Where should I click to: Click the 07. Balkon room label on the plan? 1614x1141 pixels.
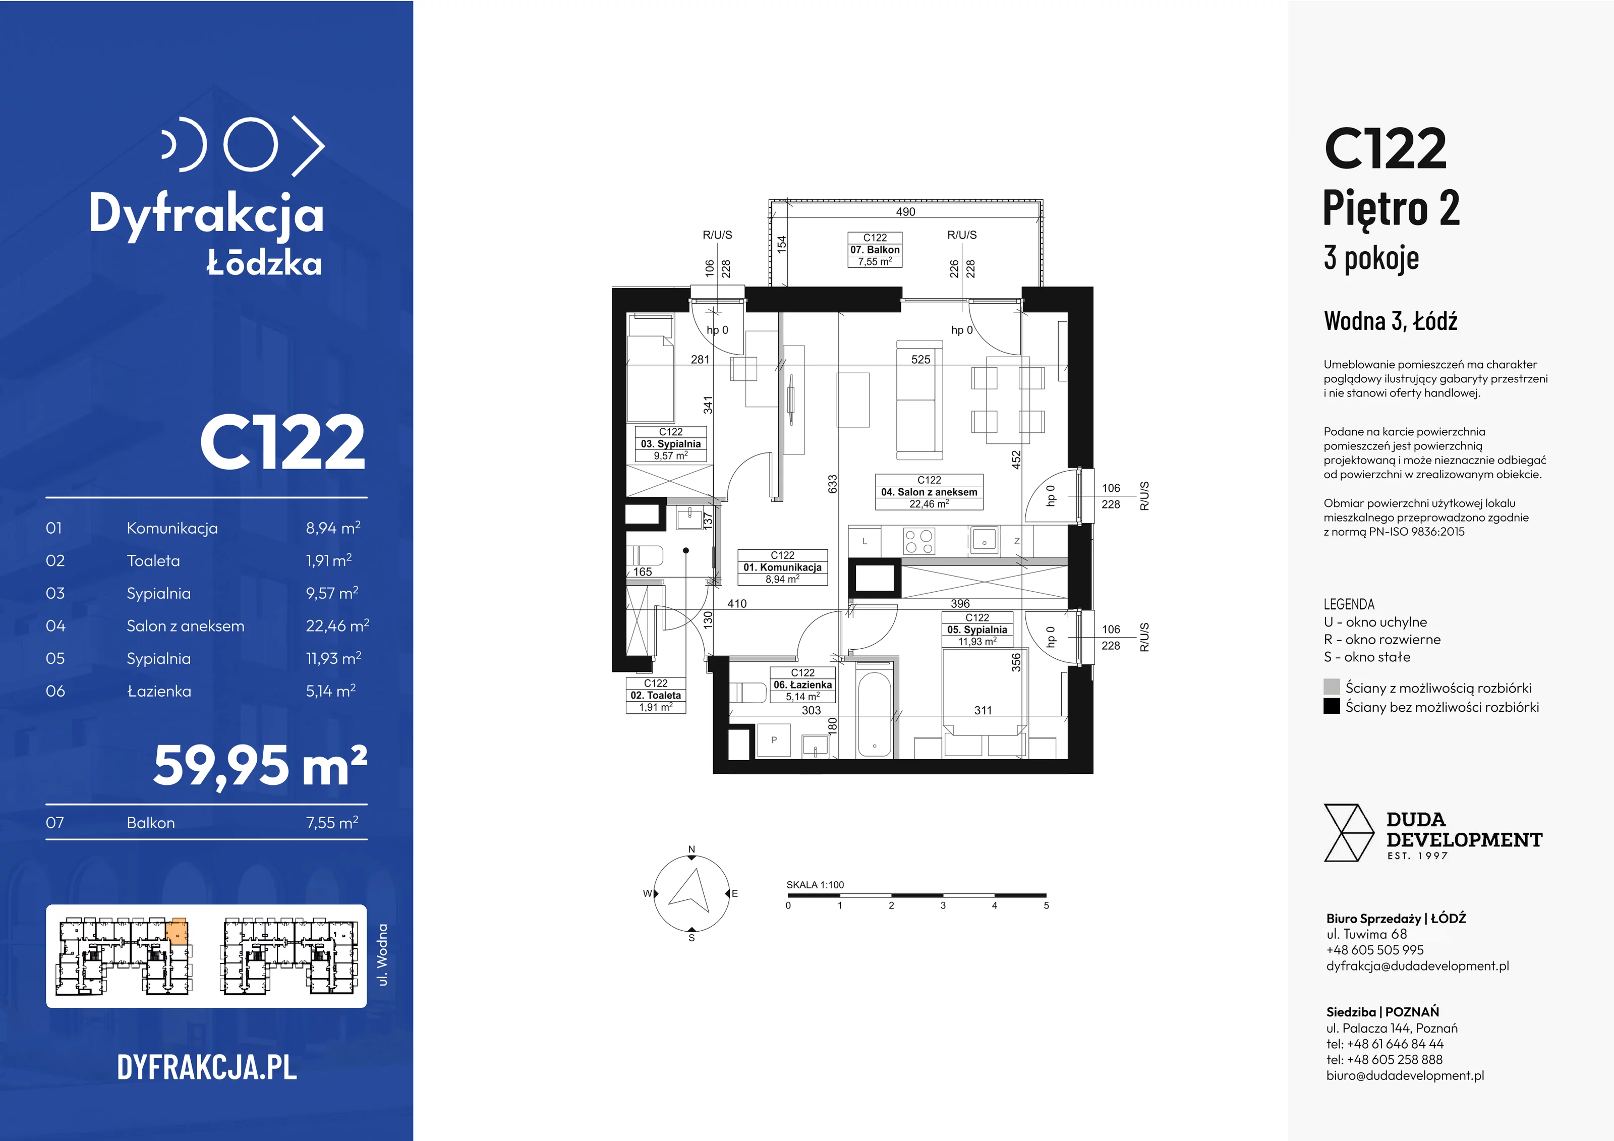click(x=875, y=250)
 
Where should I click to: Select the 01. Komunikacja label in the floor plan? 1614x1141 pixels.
click(x=782, y=567)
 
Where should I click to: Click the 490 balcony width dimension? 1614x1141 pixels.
click(x=905, y=212)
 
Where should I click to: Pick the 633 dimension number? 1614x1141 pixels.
click(x=832, y=484)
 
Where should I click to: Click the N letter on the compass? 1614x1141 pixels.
click(x=691, y=849)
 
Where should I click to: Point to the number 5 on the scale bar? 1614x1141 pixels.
click(x=1046, y=905)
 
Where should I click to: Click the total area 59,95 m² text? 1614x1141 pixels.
click(x=260, y=766)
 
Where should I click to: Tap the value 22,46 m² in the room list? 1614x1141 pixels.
click(x=337, y=625)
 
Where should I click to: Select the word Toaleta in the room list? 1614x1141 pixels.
click(x=153, y=561)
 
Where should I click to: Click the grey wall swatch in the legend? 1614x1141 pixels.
click(x=1332, y=687)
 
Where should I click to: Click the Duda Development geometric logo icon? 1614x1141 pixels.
click(x=1348, y=833)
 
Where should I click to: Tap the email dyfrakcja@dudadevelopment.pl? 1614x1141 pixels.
click(x=1417, y=966)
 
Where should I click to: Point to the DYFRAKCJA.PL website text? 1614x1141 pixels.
click(x=207, y=1067)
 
